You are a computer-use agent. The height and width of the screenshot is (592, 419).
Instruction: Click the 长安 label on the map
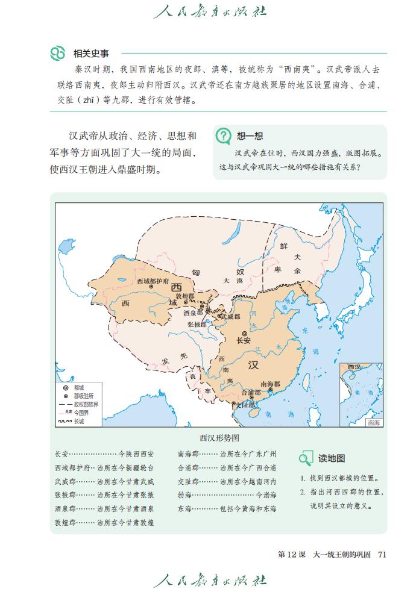(x=244, y=340)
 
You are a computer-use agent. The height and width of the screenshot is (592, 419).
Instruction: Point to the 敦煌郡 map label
(x=185, y=297)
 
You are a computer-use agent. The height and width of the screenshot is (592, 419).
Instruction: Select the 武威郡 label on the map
(x=230, y=316)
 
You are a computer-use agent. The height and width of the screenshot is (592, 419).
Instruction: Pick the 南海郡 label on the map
(x=270, y=384)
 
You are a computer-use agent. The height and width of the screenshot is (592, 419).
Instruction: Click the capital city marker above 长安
(x=244, y=333)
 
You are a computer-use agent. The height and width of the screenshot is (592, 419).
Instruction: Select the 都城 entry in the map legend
(x=79, y=388)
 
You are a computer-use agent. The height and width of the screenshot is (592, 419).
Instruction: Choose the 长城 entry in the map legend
(x=79, y=422)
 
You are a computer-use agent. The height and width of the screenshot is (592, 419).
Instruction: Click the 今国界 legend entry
(x=81, y=413)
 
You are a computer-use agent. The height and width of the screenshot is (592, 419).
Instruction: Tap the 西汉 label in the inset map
(x=354, y=367)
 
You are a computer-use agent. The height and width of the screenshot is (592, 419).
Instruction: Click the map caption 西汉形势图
(x=219, y=438)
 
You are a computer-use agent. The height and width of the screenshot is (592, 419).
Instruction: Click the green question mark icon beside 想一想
(x=224, y=136)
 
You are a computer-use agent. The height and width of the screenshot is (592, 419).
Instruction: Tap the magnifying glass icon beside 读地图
(x=306, y=458)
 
